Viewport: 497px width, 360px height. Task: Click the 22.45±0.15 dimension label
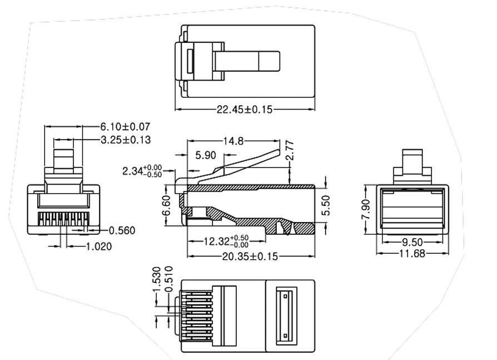click(x=245, y=110)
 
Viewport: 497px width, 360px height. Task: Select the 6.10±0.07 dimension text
click(x=125, y=127)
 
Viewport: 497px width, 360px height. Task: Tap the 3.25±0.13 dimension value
click(x=125, y=140)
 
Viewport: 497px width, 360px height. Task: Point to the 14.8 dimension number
click(x=233, y=141)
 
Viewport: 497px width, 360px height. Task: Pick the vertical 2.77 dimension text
click(x=289, y=152)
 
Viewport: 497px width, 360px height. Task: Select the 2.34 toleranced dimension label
click(x=142, y=171)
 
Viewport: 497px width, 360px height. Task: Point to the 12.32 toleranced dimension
click(x=225, y=241)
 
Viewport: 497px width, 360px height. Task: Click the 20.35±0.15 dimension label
click(x=245, y=256)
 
